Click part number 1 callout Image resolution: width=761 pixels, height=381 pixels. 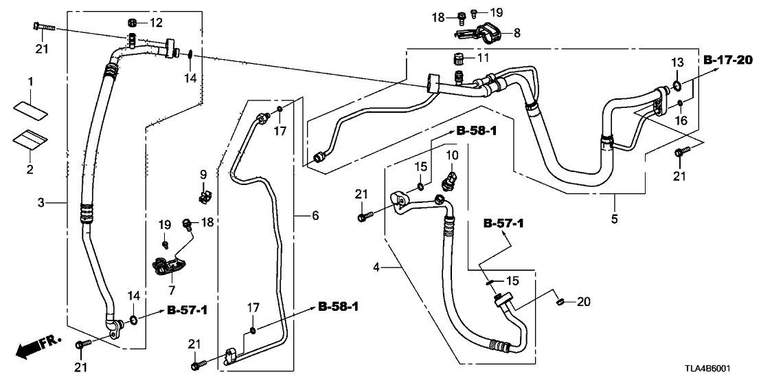pyautogui.click(x=30, y=83)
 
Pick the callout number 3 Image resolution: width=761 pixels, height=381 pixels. pyautogui.click(x=41, y=202)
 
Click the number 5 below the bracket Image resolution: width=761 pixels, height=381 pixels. pyautogui.click(x=615, y=219)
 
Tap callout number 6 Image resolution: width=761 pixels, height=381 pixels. pyautogui.click(x=315, y=216)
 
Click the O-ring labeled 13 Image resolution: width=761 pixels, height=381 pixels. pyautogui.click(x=676, y=86)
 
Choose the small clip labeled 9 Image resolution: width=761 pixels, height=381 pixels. pyautogui.click(x=203, y=198)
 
